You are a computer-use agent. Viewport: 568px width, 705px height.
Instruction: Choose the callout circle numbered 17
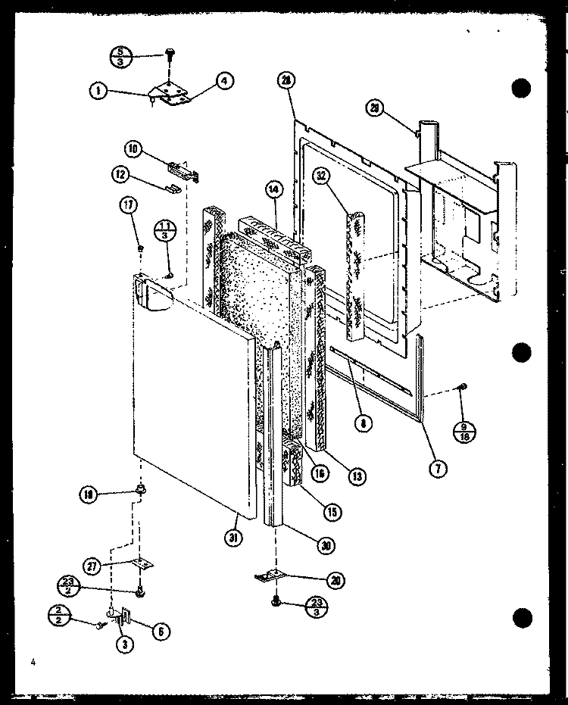[130, 204]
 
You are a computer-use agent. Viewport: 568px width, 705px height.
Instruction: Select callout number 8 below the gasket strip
[365, 424]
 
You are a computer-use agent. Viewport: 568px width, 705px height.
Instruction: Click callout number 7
[437, 468]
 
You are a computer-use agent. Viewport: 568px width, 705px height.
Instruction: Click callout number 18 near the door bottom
[89, 496]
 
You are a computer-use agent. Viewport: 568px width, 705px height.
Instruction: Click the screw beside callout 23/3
[276, 603]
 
